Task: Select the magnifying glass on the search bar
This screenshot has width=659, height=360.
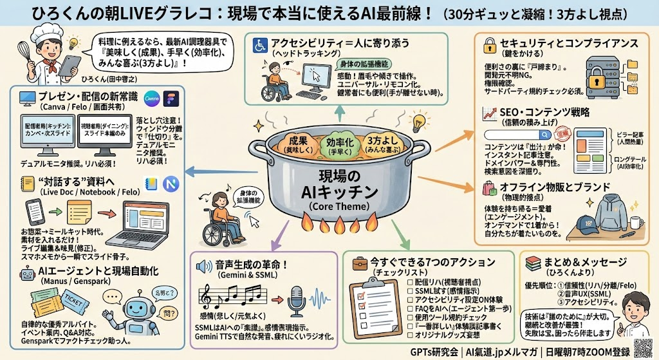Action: (x=545, y=135)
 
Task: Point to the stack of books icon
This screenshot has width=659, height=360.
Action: (x=532, y=264)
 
